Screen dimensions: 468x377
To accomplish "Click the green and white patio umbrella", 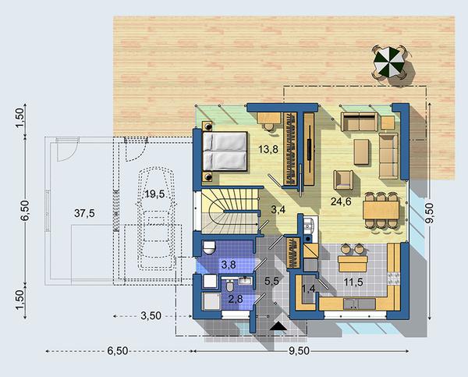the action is pyautogui.click(x=388, y=62).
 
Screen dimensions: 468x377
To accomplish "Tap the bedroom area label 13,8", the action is pyautogui.click(x=268, y=149).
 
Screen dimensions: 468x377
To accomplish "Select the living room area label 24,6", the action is pyautogui.click(x=341, y=202).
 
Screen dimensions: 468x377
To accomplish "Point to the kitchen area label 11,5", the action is pyautogui.click(x=353, y=282).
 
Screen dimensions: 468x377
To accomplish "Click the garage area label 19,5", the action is pyautogui.click(x=155, y=194).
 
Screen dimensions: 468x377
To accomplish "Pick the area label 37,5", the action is pyautogui.click(x=84, y=213).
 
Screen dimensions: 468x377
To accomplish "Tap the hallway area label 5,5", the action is pyautogui.click(x=271, y=281).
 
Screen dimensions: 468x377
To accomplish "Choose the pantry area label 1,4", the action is pyautogui.click(x=309, y=289).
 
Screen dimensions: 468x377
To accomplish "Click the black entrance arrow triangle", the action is pyautogui.click(x=278, y=326).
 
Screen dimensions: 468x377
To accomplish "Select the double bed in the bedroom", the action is pyautogui.click(x=225, y=151).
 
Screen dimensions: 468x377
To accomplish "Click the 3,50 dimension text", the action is pyautogui.click(x=151, y=316).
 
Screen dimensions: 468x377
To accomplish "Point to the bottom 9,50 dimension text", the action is pyautogui.click(x=299, y=351).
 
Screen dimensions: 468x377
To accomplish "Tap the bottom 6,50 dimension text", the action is pyautogui.click(x=118, y=351).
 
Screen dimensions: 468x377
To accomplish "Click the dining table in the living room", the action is pyautogui.click(x=381, y=210).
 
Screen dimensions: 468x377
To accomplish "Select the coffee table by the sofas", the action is pyautogui.click(x=361, y=152).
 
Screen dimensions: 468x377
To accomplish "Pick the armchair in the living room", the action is pyautogui.click(x=343, y=180).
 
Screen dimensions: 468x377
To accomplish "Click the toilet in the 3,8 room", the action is pyautogui.click(x=209, y=247).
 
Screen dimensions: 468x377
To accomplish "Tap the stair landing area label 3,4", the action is pyautogui.click(x=278, y=209).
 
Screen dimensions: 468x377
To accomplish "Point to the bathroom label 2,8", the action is pyautogui.click(x=236, y=299).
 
